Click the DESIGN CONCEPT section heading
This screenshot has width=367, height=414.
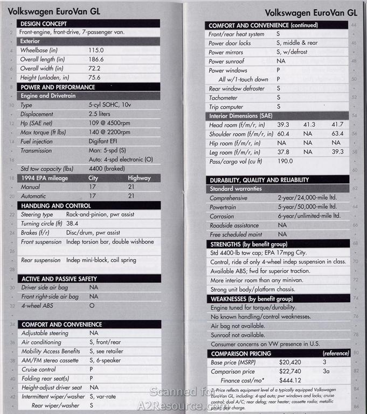click(43, 24)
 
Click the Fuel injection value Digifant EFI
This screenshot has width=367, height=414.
click(105, 142)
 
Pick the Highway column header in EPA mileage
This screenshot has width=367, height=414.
click(139, 178)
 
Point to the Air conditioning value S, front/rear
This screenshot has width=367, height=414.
click(109, 342)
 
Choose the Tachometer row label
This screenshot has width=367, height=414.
click(223, 98)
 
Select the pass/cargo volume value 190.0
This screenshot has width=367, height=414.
click(286, 161)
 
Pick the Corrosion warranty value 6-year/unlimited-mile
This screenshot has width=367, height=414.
click(309, 216)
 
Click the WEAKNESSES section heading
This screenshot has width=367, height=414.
click(251, 298)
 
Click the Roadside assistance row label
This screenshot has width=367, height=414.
click(233, 225)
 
